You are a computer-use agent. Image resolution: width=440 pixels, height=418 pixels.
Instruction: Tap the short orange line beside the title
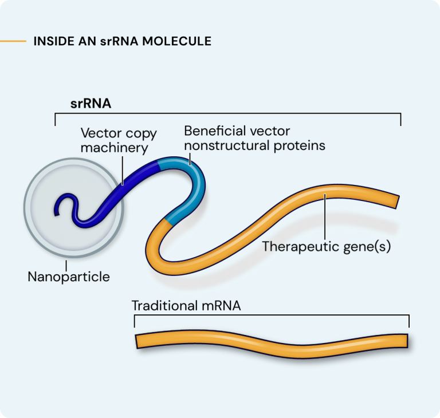[x=13, y=41]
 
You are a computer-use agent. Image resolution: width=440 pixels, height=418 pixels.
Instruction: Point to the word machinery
[x=115, y=148]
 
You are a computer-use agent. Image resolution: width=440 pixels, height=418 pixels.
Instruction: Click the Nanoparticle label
[x=69, y=277]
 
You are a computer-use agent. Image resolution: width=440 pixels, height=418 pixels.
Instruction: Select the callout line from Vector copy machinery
[x=123, y=169]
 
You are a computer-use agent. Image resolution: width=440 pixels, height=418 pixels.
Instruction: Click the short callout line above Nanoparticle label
[x=67, y=265]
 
